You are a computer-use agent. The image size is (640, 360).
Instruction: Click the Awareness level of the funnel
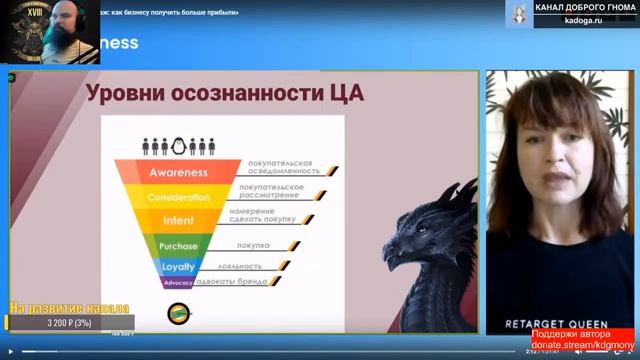[178, 172]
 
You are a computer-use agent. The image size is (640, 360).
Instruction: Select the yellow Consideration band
[178, 197]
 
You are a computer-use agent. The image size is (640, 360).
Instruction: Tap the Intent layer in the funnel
[178, 220]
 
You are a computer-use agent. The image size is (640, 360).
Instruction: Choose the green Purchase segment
[178, 246]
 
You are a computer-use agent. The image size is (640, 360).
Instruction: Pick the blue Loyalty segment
[178, 267]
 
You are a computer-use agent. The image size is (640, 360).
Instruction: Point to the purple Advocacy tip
[177, 283]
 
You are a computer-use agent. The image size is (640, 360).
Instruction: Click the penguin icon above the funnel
[180, 146]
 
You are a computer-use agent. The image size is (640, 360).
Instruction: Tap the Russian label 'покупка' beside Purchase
[253, 245]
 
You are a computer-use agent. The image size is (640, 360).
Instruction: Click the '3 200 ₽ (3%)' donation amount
[69, 323]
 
